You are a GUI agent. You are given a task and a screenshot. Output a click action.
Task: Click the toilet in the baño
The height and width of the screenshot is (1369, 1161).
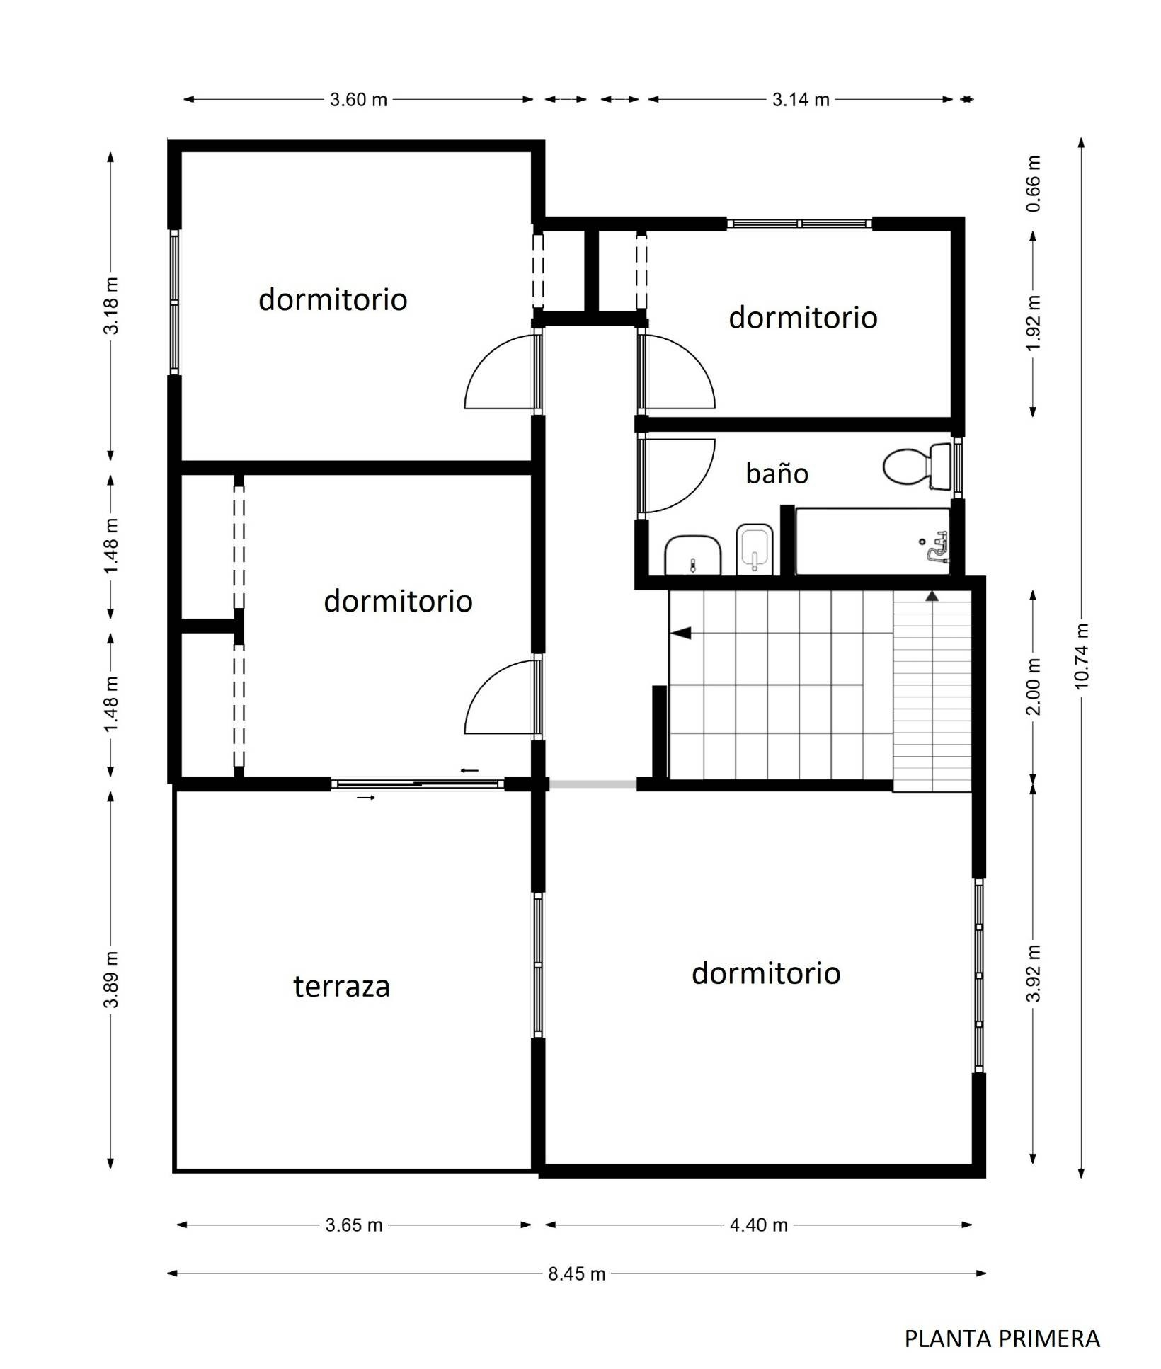pyautogui.click(x=917, y=466)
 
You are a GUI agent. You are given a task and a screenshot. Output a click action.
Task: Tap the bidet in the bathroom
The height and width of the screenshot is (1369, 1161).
pyautogui.click(x=755, y=549)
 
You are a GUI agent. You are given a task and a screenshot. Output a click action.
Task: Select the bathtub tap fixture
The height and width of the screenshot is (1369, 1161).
pyautogui.click(x=936, y=546)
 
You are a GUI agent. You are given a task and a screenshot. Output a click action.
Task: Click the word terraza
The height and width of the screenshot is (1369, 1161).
pyautogui.click(x=342, y=986)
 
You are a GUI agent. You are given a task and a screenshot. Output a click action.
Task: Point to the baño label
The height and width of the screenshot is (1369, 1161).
pyautogui.click(x=777, y=473)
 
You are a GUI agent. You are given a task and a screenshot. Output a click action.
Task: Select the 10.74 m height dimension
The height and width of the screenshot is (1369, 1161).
pyautogui.click(x=1081, y=656)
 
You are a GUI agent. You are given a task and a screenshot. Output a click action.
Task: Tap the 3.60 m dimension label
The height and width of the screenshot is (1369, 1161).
pyautogui.click(x=358, y=100)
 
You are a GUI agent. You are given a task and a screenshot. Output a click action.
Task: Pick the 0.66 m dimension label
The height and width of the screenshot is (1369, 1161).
pyautogui.click(x=1034, y=183)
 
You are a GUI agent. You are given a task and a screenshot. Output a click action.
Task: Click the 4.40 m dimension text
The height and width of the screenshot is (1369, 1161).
pyautogui.click(x=759, y=1225)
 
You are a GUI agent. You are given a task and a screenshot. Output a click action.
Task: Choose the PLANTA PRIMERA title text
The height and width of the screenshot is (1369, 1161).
pyautogui.click(x=1002, y=1339)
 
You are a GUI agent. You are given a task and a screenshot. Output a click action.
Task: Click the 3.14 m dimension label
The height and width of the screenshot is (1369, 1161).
pyautogui.click(x=801, y=100)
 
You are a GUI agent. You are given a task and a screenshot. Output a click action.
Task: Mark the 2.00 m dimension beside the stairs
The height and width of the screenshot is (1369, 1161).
pyautogui.click(x=1034, y=687)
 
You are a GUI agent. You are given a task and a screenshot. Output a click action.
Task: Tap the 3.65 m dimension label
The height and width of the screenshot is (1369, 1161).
pyautogui.click(x=354, y=1225)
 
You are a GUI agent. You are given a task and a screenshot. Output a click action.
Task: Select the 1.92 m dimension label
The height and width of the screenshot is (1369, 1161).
pyautogui.click(x=1034, y=322)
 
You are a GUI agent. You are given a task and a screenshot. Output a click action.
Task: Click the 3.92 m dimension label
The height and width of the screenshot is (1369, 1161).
pyautogui.click(x=1034, y=973)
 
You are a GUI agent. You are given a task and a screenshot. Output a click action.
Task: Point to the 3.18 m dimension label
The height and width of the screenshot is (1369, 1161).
pyautogui.click(x=111, y=306)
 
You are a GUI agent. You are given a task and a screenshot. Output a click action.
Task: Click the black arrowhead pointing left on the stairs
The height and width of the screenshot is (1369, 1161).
pyautogui.click(x=681, y=633)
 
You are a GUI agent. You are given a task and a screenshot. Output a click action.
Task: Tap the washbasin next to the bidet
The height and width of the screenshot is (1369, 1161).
pyautogui.click(x=693, y=555)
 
